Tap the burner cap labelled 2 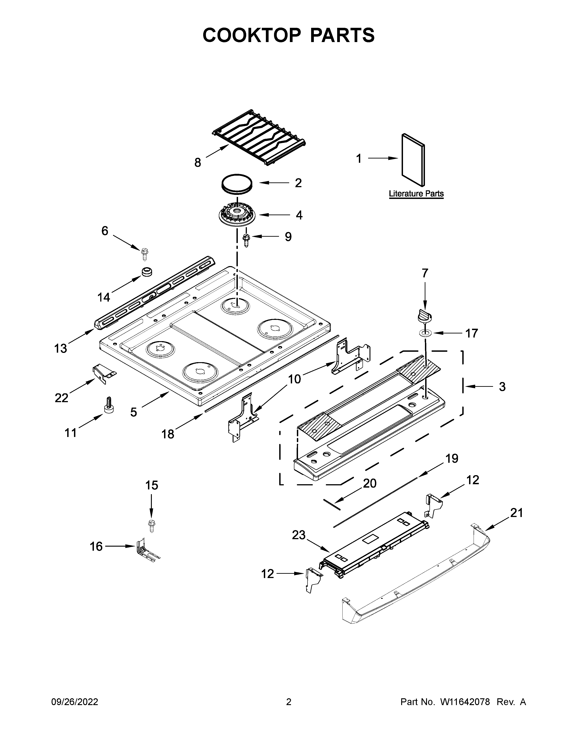click(x=237, y=184)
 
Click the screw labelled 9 click(x=246, y=240)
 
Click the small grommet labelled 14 click(x=147, y=272)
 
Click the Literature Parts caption click(x=416, y=194)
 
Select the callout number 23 click(x=298, y=535)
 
